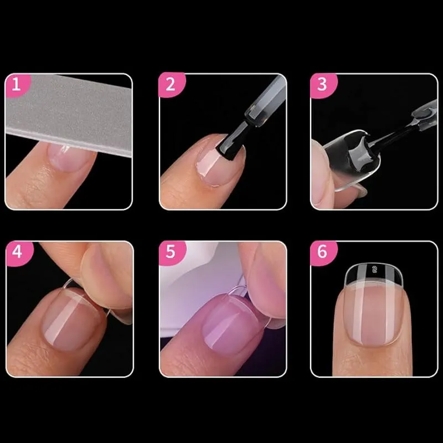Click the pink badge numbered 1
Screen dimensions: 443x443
pyautogui.click(x=17, y=85)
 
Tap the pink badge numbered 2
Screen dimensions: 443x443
pyautogui.click(x=171, y=84)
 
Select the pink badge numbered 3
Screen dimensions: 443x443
pyautogui.click(x=322, y=85)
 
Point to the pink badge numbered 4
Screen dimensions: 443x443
pyautogui.click(x=18, y=253)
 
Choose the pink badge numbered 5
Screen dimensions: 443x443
pyautogui.click(x=171, y=252)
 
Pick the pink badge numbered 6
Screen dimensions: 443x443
pyautogui.click(x=322, y=252)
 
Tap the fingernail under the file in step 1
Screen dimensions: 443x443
pyautogui.click(x=70, y=157)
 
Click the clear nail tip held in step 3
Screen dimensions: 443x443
pyautogui.click(x=351, y=159)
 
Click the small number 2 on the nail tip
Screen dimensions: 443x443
pyautogui.click(x=375, y=270)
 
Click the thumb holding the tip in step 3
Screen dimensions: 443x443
pyautogui.click(x=323, y=172)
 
